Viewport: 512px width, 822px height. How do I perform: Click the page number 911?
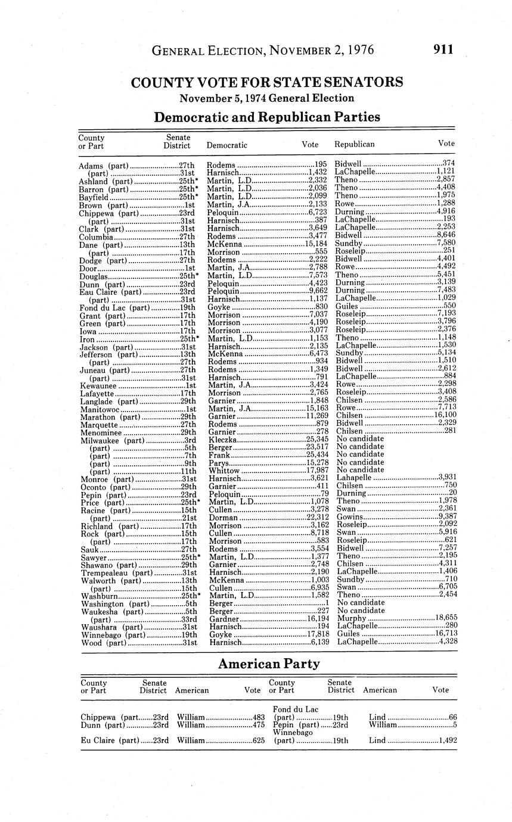pos(443,50)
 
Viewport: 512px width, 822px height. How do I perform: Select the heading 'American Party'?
pos(268,664)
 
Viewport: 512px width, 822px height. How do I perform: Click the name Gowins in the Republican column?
pos(349,517)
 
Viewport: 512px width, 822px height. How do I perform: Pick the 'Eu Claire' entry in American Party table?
pos(98,740)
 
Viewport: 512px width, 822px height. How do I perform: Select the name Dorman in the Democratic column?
pos(222,517)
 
